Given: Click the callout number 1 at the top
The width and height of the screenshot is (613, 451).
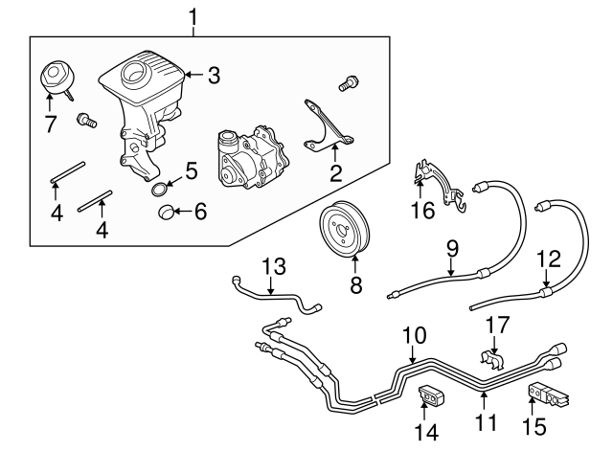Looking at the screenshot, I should [x=195, y=16].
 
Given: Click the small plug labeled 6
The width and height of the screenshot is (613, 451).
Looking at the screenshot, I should [x=168, y=212].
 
